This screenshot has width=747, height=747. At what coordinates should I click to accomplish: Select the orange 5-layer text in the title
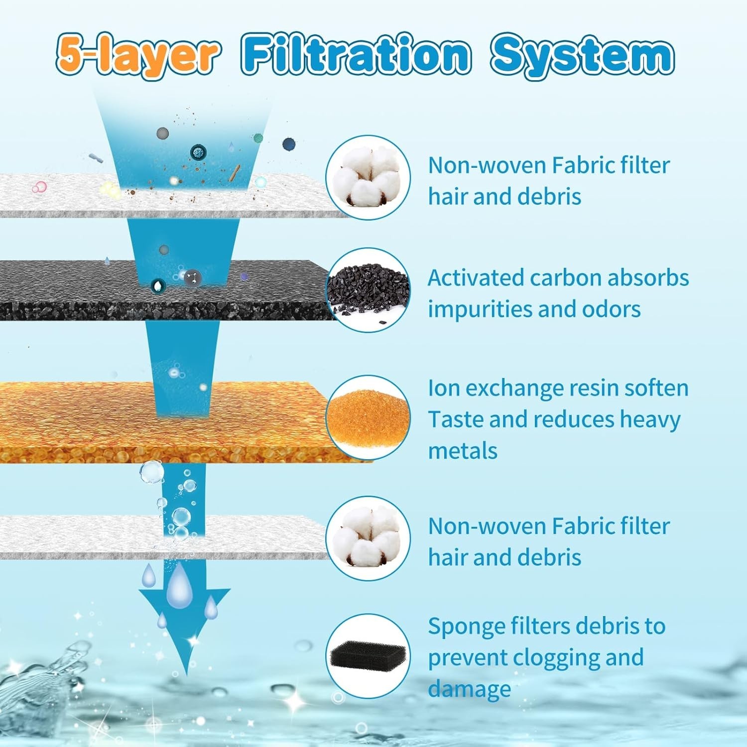tap(137, 56)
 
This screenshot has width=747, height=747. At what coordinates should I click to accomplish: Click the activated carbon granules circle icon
tap(368, 290)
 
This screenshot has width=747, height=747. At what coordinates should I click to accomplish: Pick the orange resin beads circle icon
tap(368, 417)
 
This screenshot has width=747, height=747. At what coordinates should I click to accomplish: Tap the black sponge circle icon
tap(368, 656)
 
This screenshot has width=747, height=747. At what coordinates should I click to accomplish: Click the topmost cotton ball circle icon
tap(368, 177)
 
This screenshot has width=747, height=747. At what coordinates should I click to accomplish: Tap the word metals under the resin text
tap(463, 451)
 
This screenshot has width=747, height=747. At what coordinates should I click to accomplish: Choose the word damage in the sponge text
tap(469, 689)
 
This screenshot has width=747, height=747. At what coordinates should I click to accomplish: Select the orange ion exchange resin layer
tap(75, 423)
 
